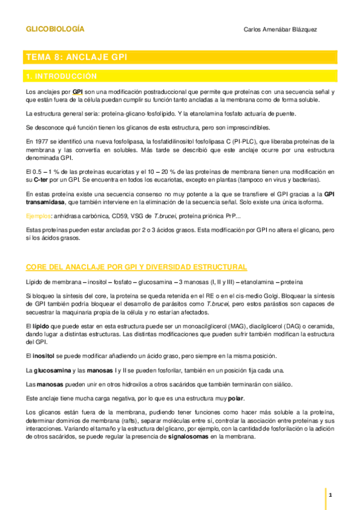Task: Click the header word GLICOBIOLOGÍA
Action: tap(55, 28)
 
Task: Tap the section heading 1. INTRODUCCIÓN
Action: tap(61, 76)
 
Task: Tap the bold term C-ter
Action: tap(40, 180)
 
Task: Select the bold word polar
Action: tap(236, 399)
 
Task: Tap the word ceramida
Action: tap(316, 325)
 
